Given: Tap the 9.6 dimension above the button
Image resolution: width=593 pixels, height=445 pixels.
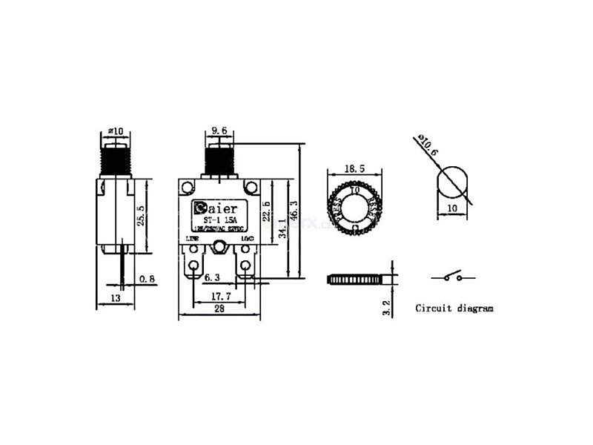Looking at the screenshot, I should tap(219, 131).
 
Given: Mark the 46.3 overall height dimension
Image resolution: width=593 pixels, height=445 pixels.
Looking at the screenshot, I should tap(294, 211).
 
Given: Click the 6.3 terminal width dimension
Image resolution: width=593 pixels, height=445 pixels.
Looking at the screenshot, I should tap(213, 278).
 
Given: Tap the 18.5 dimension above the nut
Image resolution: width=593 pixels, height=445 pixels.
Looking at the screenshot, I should tap(356, 169).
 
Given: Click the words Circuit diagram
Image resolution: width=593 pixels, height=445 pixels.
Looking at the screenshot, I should tap(454, 308).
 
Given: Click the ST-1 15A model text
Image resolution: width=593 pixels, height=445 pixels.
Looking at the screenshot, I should tap(220, 220).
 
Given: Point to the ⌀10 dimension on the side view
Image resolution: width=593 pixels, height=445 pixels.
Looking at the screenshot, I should tap(116, 131).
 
